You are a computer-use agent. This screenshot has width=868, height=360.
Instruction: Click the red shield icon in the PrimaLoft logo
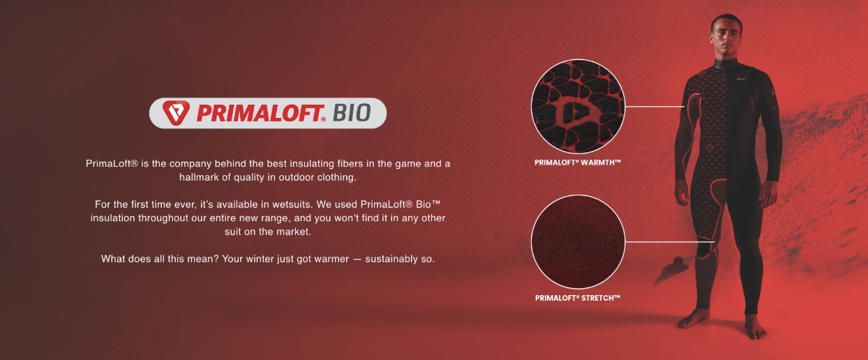[176, 113]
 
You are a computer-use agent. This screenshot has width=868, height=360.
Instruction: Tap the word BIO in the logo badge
[352, 113]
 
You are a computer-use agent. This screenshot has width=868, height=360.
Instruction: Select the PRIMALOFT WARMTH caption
[578, 163]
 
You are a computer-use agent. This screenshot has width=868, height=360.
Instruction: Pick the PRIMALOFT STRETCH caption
[578, 298]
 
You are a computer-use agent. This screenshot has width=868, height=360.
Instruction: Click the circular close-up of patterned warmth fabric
[578, 106]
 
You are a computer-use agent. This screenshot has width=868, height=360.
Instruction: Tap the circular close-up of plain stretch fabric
[578, 242]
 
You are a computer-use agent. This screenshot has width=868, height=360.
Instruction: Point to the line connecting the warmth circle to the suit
[655, 106]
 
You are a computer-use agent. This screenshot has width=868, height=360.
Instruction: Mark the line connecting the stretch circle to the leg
[670, 242]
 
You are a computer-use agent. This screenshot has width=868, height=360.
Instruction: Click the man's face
[726, 37]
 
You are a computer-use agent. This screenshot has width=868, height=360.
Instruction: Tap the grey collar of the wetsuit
[726, 64]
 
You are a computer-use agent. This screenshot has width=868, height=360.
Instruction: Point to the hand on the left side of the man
[682, 193]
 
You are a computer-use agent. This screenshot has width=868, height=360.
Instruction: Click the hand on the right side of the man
[769, 195]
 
